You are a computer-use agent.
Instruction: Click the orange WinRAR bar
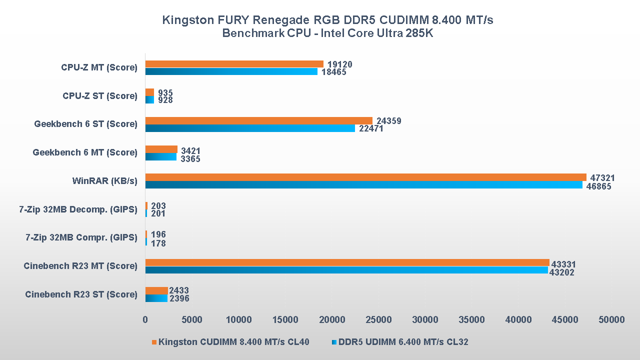click(x=365, y=177)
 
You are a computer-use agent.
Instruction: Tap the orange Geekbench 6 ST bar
click(x=258, y=120)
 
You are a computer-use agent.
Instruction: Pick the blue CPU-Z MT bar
click(x=231, y=71)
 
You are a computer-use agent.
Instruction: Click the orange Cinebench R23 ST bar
click(x=156, y=291)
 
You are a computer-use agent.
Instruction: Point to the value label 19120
click(x=339, y=64)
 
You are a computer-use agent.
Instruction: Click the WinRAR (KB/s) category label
click(x=104, y=181)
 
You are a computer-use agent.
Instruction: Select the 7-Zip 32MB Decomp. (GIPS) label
click(x=78, y=209)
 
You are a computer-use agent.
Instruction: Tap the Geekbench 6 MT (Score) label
click(x=85, y=152)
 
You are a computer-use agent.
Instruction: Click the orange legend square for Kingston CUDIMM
click(x=154, y=342)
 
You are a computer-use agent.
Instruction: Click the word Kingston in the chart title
click(x=185, y=20)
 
